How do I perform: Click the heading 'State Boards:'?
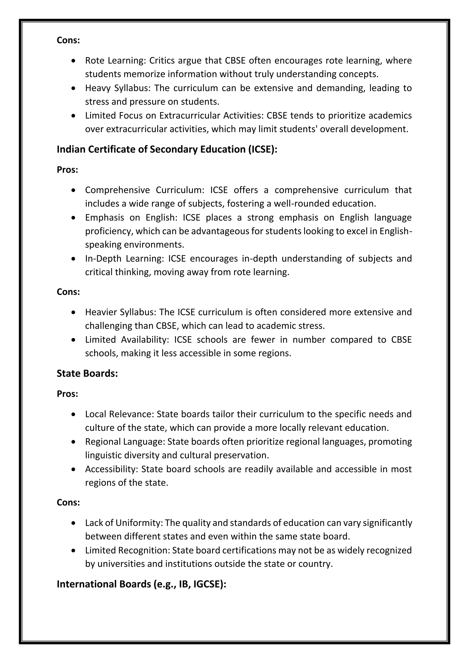[87, 373]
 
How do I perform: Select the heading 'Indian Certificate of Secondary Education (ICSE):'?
[167, 149]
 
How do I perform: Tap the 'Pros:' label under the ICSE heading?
[67, 170]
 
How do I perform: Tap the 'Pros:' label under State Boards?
[67, 394]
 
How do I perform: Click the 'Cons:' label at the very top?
[68, 40]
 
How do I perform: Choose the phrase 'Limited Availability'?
[126, 340]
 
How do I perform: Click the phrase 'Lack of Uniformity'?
[124, 523]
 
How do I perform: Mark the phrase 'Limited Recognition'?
[127, 550]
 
